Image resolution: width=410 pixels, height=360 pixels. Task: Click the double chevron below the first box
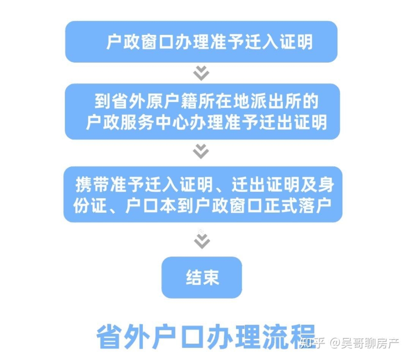pyautogui.click(x=201, y=73)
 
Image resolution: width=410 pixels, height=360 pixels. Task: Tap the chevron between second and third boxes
pyautogui.click(x=201, y=151)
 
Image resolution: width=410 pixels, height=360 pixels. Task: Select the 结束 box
pyautogui.click(x=202, y=277)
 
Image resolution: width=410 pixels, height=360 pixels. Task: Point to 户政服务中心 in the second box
pyautogui.click(x=137, y=122)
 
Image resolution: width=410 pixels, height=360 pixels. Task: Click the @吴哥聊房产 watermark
pyautogui.click(x=364, y=343)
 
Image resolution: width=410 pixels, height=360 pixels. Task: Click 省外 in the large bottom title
pyautogui.click(x=123, y=337)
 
